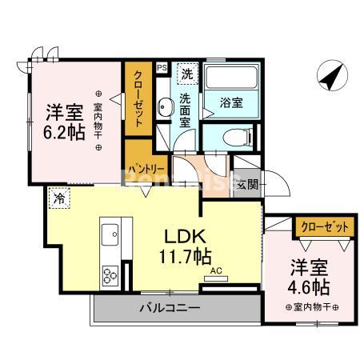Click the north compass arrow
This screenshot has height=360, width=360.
click(x=329, y=78)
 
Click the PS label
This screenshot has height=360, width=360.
click(x=162, y=70)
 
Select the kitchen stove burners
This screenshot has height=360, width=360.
click(x=110, y=278)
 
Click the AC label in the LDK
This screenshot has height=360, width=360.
click(x=216, y=271)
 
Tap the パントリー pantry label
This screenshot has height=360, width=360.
click(x=146, y=170)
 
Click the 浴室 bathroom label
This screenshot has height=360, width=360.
click(x=230, y=102)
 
